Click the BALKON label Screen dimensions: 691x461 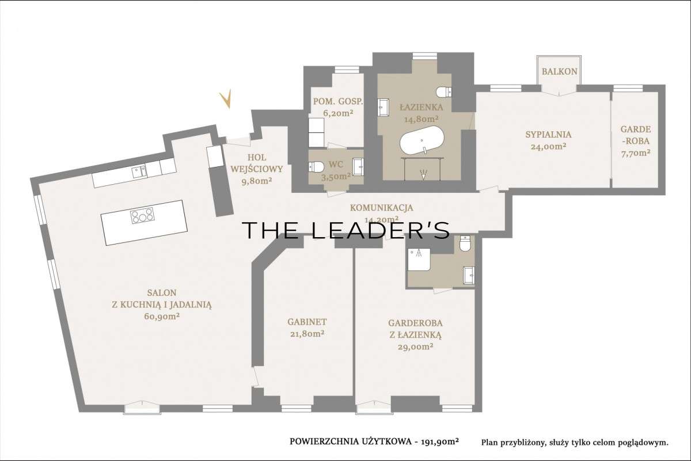(x=559, y=71)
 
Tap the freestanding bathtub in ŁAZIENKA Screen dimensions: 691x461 (x=422, y=140)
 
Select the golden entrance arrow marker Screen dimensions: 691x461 (x=226, y=98)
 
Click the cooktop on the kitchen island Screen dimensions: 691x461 (x=142, y=216)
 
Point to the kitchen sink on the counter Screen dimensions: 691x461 (x=139, y=172)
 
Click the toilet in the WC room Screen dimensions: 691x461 (x=316, y=167)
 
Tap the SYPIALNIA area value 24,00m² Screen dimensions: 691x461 (x=548, y=146)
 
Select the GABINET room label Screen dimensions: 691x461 (x=307, y=322)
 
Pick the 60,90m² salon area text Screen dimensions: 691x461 (x=162, y=316)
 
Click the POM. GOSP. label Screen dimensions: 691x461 (x=338, y=101)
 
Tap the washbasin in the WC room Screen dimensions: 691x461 (x=358, y=166)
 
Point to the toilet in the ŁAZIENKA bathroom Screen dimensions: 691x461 (x=444, y=92)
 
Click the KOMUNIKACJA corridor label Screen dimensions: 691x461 (x=381, y=208)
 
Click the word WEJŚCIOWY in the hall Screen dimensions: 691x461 (x=257, y=169)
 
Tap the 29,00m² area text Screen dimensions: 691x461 (x=416, y=346)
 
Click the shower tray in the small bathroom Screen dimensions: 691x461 (x=419, y=260)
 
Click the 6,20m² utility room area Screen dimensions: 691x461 (x=338, y=113)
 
